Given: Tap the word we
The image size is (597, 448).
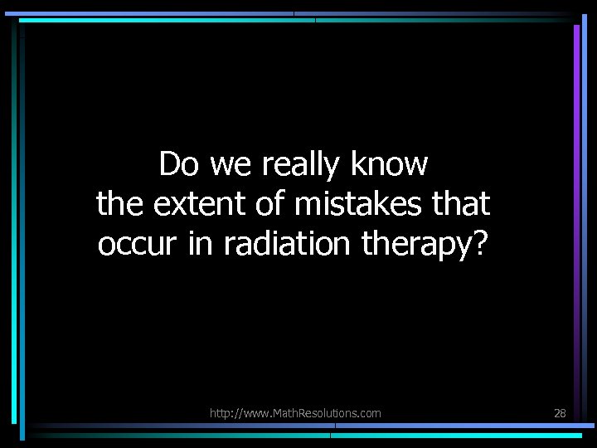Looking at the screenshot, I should point(233,166).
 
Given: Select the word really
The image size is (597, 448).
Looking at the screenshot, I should point(301,166).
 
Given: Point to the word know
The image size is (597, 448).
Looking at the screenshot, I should point(389,164).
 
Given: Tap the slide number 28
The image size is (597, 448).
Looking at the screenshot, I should point(560,412).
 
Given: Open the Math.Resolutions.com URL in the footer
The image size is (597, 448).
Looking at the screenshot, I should point(295,412).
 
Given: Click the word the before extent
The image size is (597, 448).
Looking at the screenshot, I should point(119,203).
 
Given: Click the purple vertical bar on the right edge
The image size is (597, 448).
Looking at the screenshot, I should point(576,124).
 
